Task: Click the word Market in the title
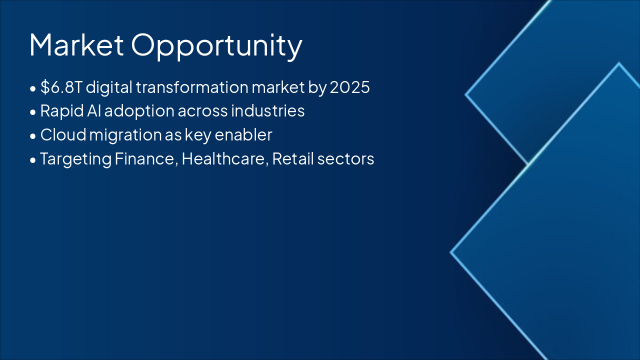[x=76, y=44]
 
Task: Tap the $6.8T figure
[x=61, y=87]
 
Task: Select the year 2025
[x=349, y=87]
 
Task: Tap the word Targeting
[x=75, y=159]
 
